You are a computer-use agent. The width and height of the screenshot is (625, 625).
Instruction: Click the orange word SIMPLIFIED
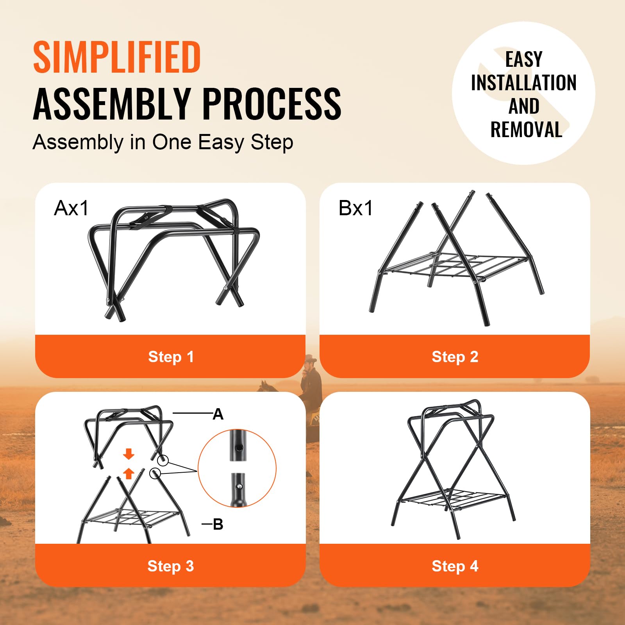tap(117, 57)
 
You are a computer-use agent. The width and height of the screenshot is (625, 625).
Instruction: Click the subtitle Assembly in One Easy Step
tap(163, 142)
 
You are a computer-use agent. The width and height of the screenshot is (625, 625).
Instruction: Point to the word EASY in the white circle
tap(524, 60)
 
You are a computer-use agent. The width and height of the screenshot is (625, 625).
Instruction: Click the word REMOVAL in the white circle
tap(526, 130)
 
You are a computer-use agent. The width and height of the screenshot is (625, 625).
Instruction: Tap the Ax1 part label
tap(71, 208)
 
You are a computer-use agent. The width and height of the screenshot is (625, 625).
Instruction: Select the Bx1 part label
tap(355, 208)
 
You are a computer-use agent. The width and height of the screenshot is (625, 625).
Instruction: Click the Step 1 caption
tap(171, 357)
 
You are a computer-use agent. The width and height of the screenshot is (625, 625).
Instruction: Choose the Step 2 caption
tap(455, 357)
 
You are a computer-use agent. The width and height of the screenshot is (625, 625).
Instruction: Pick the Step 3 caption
tap(171, 566)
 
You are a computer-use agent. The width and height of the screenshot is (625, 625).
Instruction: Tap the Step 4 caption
tap(455, 566)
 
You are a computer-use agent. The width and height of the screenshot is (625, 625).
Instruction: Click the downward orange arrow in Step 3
tap(129, 454)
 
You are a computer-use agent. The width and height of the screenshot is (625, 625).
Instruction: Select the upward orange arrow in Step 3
tap(129, 473)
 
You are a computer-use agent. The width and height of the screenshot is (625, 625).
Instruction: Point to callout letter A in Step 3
tap(218, 414)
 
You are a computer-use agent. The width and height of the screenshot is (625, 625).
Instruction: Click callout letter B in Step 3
tap(218, 524)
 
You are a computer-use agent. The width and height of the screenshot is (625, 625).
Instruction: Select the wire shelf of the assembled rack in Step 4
tap(453, 498)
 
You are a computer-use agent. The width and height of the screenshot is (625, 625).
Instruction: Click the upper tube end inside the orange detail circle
tap(238, 446)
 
